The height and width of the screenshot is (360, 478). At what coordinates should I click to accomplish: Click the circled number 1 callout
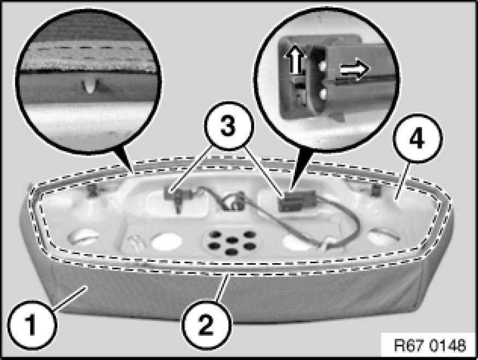coord(32,325)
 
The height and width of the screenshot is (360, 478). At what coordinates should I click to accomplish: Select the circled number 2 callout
coord(206,325)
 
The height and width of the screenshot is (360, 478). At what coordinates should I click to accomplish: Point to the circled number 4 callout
coord(417,139)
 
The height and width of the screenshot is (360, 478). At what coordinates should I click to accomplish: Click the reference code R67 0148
coord(430,345)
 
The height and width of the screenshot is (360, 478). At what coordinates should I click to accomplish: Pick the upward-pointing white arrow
coord(295,59)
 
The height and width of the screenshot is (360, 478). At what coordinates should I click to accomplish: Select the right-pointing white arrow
coord(355,69)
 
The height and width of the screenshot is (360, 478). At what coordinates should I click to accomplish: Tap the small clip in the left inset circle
coord(91,86)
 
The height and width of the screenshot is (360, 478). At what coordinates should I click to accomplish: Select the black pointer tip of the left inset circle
coord(132,172)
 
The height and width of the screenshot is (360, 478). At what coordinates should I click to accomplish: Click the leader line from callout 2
coord(222,288)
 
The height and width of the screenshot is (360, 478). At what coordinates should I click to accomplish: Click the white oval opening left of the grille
coord(167,241)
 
